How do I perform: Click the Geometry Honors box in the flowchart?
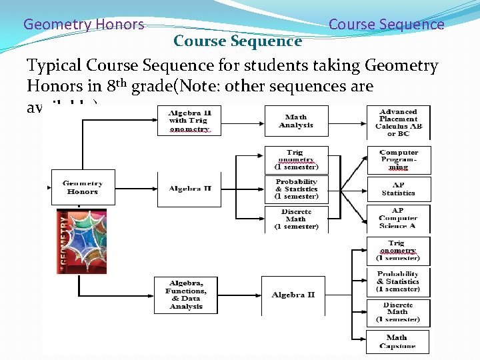click(x=83, y=187)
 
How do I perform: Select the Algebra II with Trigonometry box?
click(x=189, y=121)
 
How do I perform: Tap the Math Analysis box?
click(x=296, y=121)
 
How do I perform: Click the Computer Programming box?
click(x=398, y=160)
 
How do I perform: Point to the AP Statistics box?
click(x=398, y=189)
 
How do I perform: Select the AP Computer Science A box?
click(x=398, y=218)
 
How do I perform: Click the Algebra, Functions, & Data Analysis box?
click(x=186, y=295)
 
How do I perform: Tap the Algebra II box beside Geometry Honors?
click(x=189, y=189)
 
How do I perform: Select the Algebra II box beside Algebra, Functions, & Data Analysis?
click(x=293, y=295)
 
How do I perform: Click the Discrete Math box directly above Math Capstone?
click(x=397, y=312)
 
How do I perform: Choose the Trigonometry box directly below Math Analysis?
click(x=296, y=160)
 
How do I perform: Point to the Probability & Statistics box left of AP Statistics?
click(x=296, y=189)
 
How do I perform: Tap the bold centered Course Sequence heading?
click(x=237, y=41)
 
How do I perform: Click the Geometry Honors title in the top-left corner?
click(x=83, y=25)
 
